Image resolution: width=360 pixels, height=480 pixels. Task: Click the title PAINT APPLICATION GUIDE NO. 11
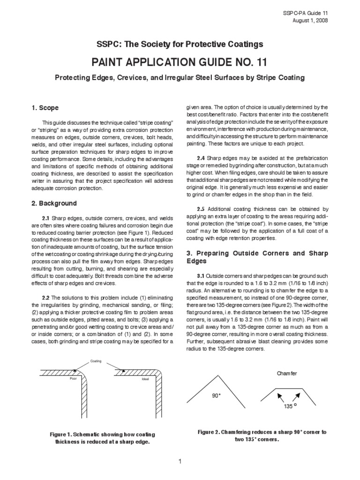tap(180, 62)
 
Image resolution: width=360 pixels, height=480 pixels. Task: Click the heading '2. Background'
tap(54, 204)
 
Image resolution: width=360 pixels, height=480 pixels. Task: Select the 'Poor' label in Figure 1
tap(73, 378)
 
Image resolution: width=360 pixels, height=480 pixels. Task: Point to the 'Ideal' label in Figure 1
tap(145, 378)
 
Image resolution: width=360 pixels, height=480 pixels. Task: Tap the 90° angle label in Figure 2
tap(216, 396)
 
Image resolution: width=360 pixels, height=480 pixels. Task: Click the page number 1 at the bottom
tap(180, 462)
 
